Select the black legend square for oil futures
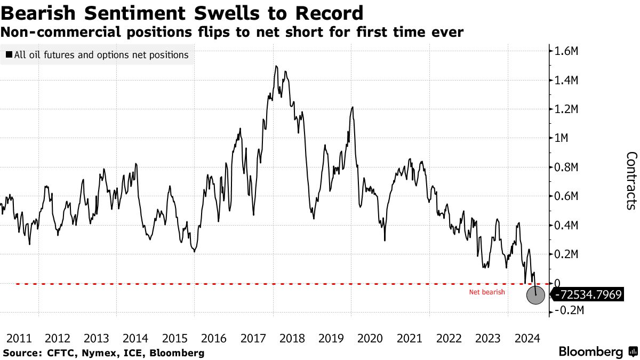point(9,55)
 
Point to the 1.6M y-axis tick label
point(567,52)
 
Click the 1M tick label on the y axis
point(563,138)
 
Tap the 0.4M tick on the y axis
point(567,225)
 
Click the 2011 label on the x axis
point(19,338)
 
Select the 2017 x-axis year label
point(254,338)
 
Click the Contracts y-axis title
point(631,181)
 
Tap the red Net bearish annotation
point(486,292)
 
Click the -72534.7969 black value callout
point(587,295)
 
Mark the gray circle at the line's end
point(535,294)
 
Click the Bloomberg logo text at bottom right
point(590,352)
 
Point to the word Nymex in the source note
point(89,353)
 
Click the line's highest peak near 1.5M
point(276,66)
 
